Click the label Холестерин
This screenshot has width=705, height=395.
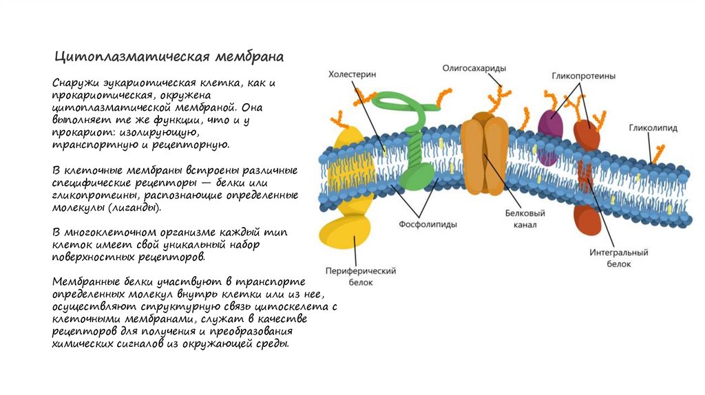click(x=352, y=74)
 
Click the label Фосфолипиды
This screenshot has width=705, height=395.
click(x=428, y=224)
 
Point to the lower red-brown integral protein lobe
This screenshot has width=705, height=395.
click(x=587, y=218)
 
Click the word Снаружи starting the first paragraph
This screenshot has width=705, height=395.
click(x=75, y=83)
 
